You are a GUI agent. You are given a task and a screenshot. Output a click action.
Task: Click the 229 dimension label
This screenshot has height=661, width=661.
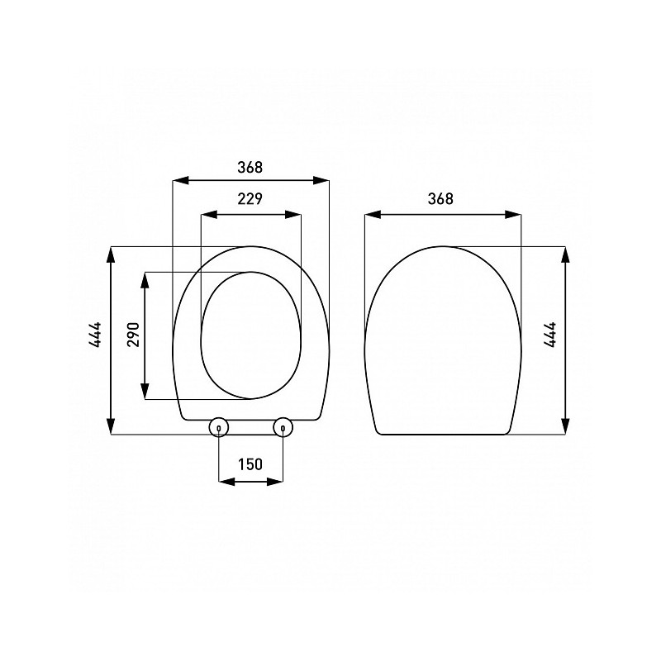coord(250,198)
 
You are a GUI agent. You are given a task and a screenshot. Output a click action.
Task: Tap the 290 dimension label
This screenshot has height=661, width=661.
coord(133,335)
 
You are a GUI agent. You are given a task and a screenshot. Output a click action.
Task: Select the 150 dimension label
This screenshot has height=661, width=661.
coord(250,464)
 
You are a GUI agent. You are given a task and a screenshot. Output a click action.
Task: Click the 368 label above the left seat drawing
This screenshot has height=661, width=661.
coord(250,168)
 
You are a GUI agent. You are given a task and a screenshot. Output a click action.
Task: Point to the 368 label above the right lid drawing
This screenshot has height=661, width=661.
coord(440,198)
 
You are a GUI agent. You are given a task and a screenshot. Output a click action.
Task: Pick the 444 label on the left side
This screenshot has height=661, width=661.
coord(95,335)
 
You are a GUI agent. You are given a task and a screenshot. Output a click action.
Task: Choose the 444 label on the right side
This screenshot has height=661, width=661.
coord(550,335)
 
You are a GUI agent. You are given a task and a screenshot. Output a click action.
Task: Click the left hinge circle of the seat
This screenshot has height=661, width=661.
coord(219,427)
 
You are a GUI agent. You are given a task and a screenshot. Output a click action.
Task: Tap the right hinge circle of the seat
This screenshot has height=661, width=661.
coord(283,427)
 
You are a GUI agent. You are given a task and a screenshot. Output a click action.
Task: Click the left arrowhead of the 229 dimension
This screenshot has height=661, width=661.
coord(209,215)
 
